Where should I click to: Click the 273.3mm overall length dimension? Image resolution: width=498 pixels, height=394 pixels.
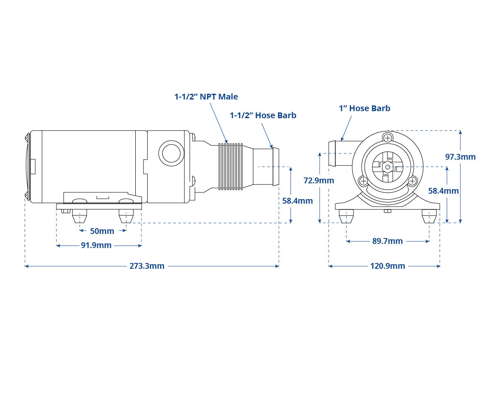tap(147, 266)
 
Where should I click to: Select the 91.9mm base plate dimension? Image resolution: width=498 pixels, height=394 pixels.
tap(96, 245)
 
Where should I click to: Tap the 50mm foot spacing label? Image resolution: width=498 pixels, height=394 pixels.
tap(102, 231)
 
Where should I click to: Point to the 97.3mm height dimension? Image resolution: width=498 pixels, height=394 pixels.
tap(461, 157)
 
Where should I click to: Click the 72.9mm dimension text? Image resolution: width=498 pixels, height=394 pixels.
tap(319, 180)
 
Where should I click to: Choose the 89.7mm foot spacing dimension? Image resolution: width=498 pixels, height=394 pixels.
tap(387, 241)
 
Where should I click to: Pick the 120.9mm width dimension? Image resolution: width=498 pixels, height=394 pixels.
tap(388, 266)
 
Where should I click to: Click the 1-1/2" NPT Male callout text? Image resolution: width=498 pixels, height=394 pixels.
tap(206, 97)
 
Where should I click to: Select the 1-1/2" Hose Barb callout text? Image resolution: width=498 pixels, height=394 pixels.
tap(263, 115)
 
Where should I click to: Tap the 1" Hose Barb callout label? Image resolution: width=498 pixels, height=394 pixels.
tap(364, 108)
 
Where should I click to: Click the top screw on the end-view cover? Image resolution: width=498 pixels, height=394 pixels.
tap(388, 139)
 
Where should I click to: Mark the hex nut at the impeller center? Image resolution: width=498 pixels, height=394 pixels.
tap(388, 167)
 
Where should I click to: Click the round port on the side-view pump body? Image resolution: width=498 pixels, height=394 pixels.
tap(171, 153)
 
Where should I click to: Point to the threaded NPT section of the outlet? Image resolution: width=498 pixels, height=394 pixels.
tap(231, 166)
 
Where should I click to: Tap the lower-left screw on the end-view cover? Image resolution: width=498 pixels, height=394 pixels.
tap(363, 181)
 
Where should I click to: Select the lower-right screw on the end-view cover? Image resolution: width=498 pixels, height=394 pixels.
tap(412, 181)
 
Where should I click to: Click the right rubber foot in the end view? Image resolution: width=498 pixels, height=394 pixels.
tap(429, 216)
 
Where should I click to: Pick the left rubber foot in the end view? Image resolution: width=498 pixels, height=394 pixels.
tap(346, 216)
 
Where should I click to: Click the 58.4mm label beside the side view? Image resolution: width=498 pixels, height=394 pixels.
tap(298, 201)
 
